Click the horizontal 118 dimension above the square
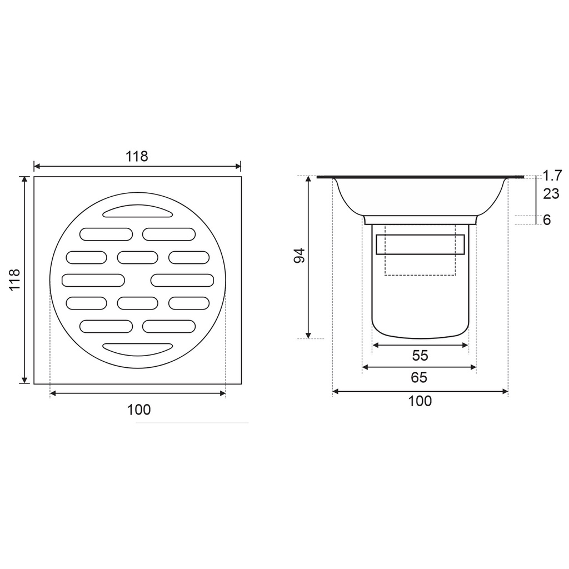coord(137,156)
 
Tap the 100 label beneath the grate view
coord(138,410)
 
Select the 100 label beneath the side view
coord(420,401)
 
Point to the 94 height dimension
coord(300,256)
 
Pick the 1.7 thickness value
coord(552,176)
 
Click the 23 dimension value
coord(551,194)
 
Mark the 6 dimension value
coord(547,220)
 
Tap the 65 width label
coord(419,378)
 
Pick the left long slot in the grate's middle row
coord(93,280)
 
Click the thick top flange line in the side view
coord(420,177)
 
